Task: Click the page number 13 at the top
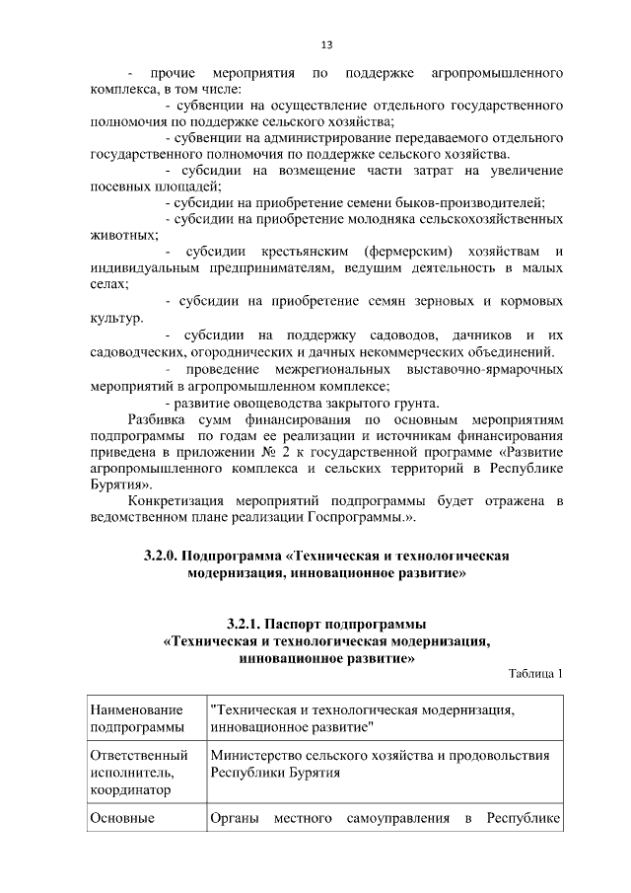tap(326, 43)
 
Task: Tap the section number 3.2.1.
tap(246, 624)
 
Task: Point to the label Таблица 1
tap(535, 675)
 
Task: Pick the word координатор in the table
tap(128, 789)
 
